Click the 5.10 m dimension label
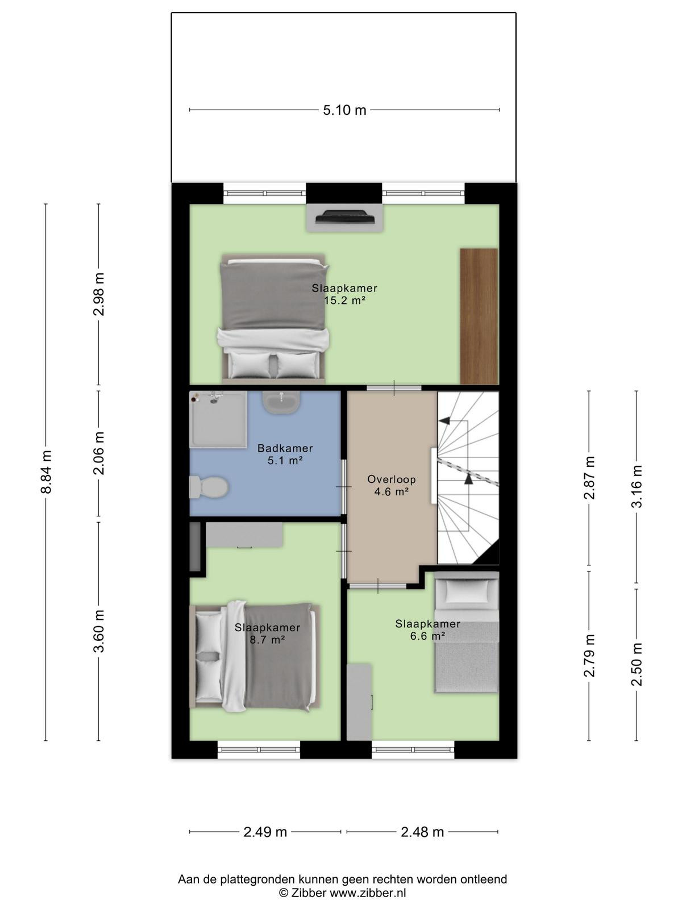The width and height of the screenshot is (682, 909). pyautogui.click(x=344, y=110)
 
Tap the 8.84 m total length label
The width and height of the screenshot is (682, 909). pyautogui.click(x=46, y=472)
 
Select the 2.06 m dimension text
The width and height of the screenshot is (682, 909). pyautogui.click(x=98, y=453)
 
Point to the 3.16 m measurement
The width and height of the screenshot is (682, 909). pyautogui.click(x=637, y=486)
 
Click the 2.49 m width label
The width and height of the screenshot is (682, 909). pyautogui.click(x=265, y=832)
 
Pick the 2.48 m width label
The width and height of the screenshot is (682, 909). pyautogui.click(x=422, y=832)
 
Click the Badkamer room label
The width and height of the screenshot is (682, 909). pyautogui.click(x=285, y=448)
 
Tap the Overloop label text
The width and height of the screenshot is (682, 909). pyautogui.click(x=392, y=479)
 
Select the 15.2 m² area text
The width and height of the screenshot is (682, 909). pyautogui.click(x=344, y=301)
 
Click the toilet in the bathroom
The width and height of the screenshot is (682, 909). pyautogui.click(x=209, y=486)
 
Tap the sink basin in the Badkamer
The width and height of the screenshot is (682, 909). pyautogui.click(x=281, y=403)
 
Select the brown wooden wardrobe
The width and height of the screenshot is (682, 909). pyautogui.click(x=479, y=316)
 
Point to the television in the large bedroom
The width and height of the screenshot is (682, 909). pyautogui.click(x=345, y=216)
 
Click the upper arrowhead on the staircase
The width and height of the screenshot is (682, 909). pyautogui.click(x=444, y=421)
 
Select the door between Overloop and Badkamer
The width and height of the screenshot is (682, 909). pyautogui.click(x=344, y=487)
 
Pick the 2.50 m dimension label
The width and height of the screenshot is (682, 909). pyautogui.click(x=637, y=664)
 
